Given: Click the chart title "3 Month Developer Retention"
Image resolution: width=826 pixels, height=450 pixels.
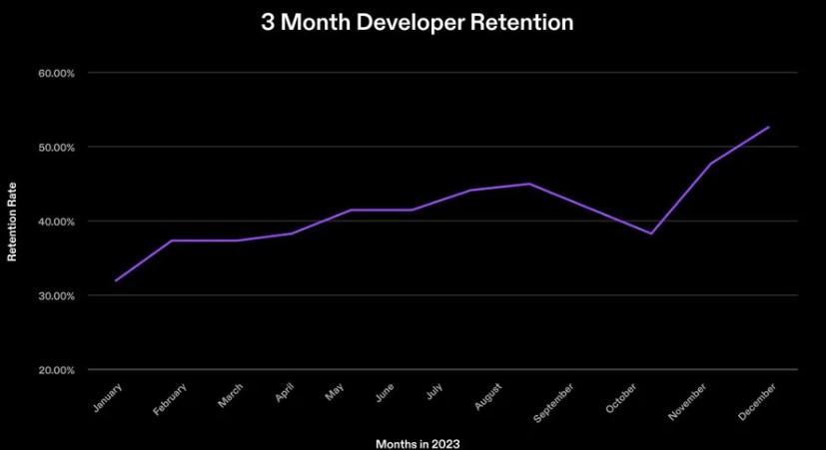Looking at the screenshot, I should pos(417,23).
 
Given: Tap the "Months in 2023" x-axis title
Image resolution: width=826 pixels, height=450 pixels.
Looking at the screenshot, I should pos(417,441).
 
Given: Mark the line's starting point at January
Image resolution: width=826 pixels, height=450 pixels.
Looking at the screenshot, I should pos(116,280).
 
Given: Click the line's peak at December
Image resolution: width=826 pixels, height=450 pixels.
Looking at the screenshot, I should pos(769,127).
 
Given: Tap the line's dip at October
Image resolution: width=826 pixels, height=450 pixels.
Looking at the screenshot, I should pos(651,233).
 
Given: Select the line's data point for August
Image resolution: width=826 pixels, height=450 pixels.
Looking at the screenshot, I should pos(529,184).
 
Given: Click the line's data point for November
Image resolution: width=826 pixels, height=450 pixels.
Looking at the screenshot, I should pos(710,164).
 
